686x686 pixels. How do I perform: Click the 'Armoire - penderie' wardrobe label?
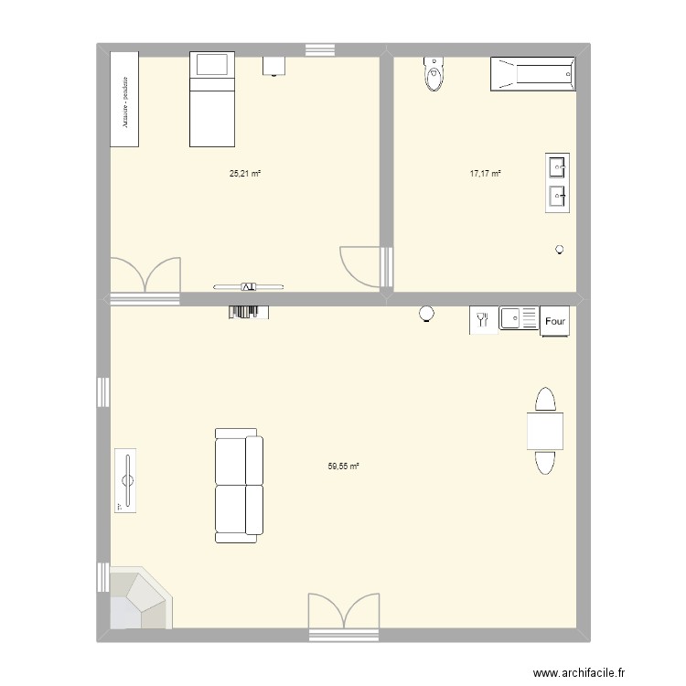point(124,99)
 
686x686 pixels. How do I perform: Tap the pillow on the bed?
point(212,65)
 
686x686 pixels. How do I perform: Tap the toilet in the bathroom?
point(434,74)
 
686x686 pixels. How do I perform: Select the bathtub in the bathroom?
point(533,74)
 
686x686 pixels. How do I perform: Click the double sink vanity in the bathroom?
point(557,182)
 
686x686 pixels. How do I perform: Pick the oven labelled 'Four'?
point(554,321)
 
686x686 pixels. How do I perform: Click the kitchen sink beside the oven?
point(518,319)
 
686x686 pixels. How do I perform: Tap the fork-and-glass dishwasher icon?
point(482,319)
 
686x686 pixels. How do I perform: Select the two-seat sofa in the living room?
point(240,485)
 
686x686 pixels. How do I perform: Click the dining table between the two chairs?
point(544,431)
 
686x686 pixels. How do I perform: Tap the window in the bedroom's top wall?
point(319,49)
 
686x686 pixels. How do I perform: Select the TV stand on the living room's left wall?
point(126,480)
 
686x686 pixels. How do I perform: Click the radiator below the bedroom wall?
point(249,312)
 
